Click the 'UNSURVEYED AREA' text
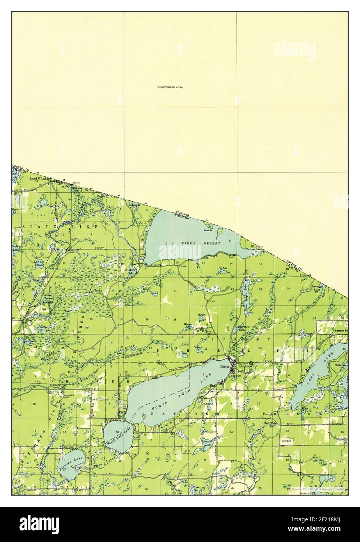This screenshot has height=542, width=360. tap(170, 87)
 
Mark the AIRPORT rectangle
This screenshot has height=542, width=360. tap(286, 440)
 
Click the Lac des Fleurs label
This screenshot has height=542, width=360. tap(39, 263)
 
